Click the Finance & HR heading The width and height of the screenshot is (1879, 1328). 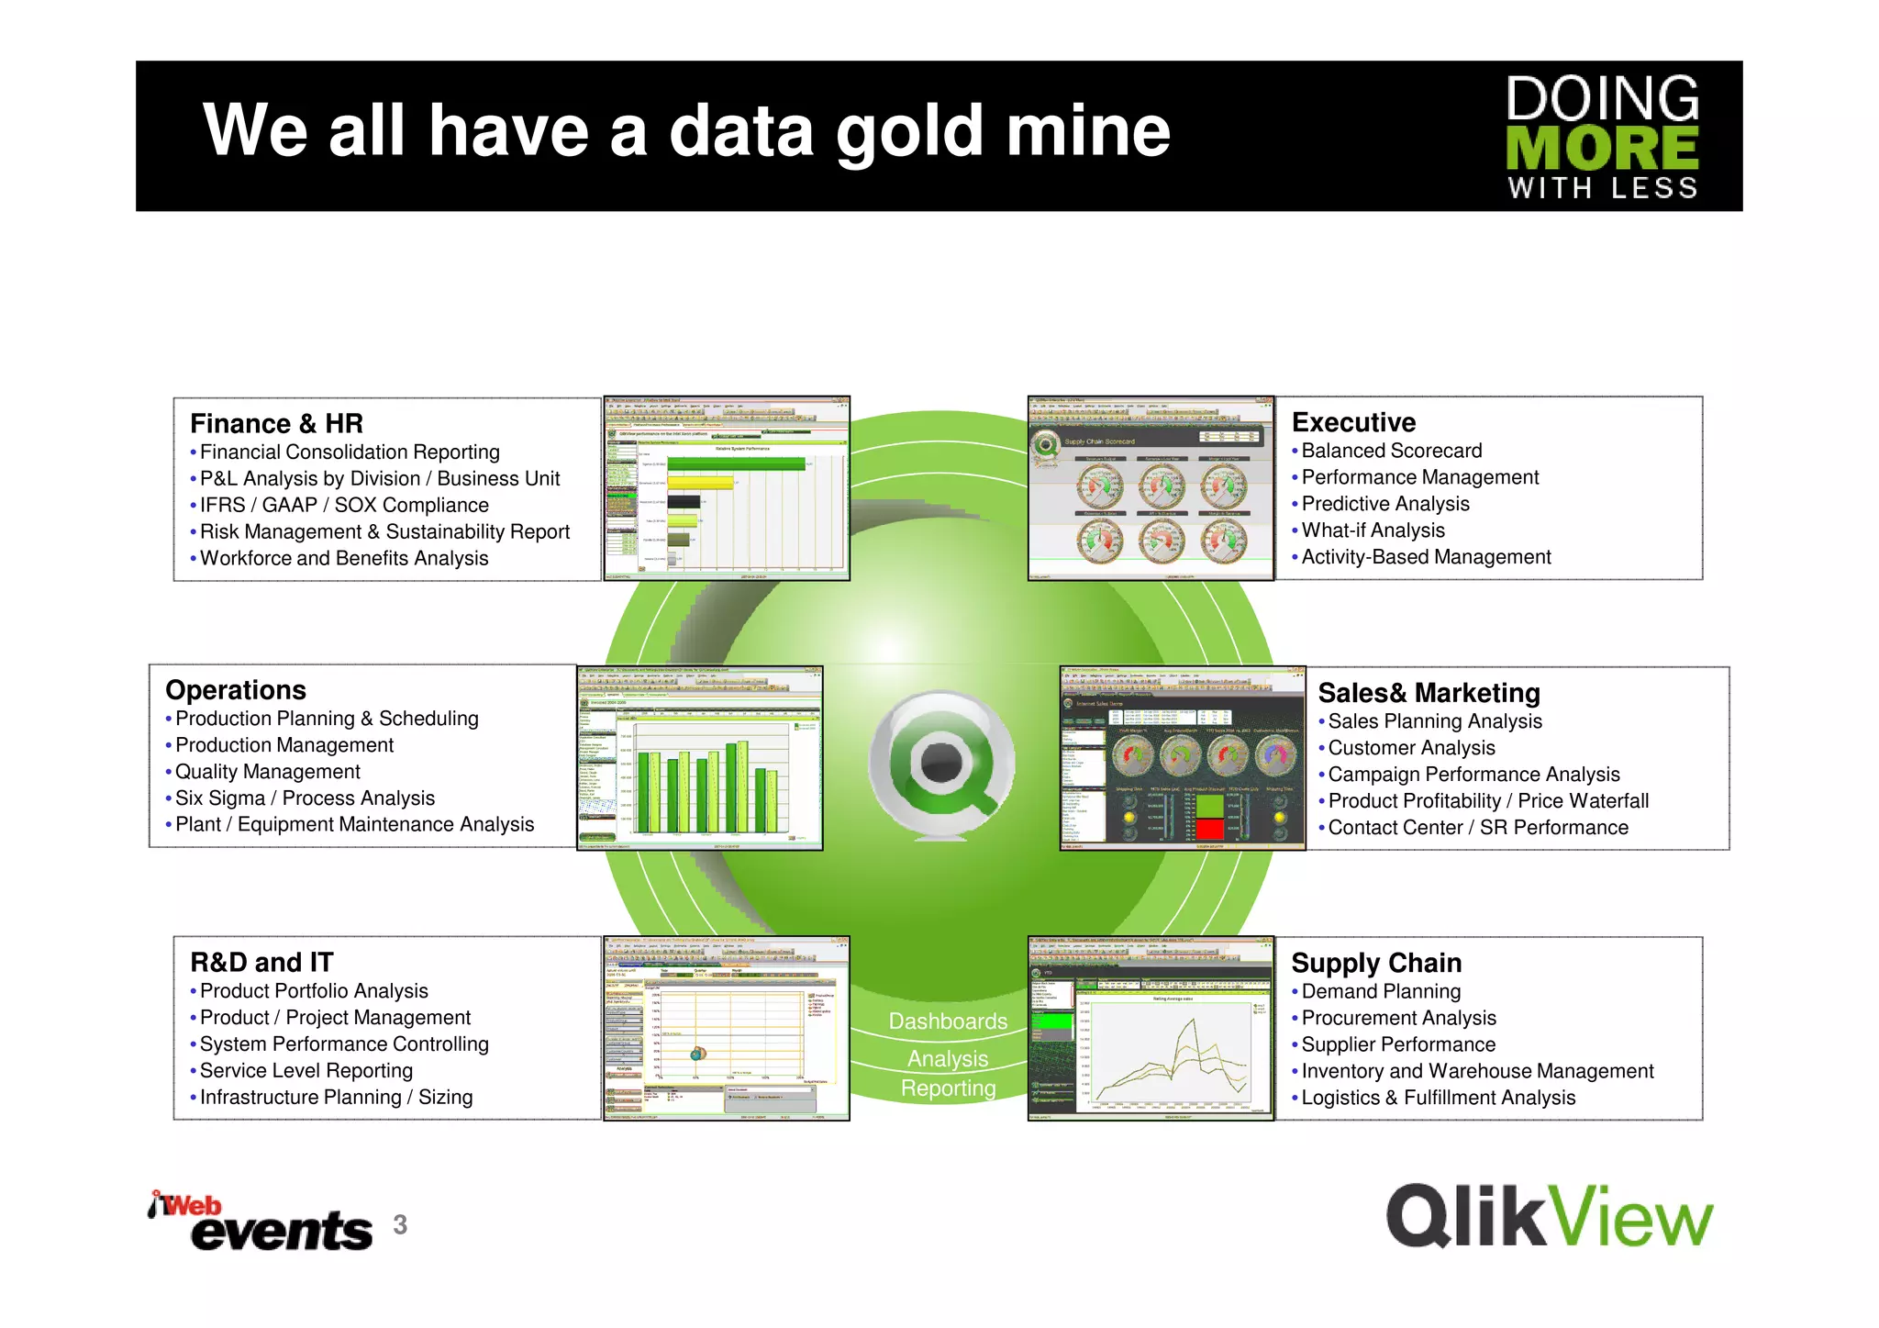click(276, 423)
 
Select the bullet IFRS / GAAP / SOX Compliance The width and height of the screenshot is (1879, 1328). click(344, 505)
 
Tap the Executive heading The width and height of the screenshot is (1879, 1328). click(1353, 422)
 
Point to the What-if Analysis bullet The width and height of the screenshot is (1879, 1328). click(1373, 530)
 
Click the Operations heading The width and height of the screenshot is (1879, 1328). click(236, 690)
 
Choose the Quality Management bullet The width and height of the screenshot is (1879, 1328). click(267, 772)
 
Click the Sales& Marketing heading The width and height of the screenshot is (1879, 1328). click(1429, 693)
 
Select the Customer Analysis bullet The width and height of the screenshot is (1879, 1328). click(1411, 748)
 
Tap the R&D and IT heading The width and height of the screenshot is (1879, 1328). click(261, 962)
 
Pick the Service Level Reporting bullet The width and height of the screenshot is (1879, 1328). click(306, 1071)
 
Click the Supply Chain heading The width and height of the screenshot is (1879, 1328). click(1376, 963)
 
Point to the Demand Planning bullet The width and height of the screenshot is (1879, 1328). click(1381, 991)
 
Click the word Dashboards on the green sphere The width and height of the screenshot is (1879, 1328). click(948, 1021)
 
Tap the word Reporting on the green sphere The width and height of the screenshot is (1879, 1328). click(948, 1088)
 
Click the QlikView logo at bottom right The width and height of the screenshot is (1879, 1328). click(1549, 1216)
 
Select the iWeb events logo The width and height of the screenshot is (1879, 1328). click(261, 1222)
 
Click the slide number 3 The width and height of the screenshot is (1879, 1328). click(400, 1224)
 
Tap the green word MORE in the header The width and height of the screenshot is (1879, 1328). click(1602, 148)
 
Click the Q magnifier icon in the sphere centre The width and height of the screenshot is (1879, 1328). click(942, 764)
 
